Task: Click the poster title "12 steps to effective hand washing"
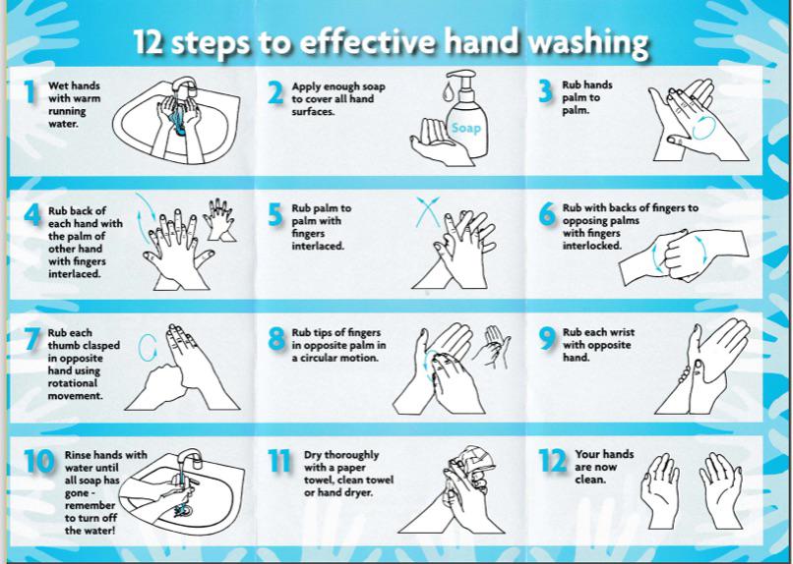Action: pos(391,44)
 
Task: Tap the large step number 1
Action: pos(30,93)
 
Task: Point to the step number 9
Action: pos(547,339)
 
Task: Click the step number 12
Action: pos(553,461)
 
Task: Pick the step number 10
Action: pos(39,462)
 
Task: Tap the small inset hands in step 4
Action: pos(219,218)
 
